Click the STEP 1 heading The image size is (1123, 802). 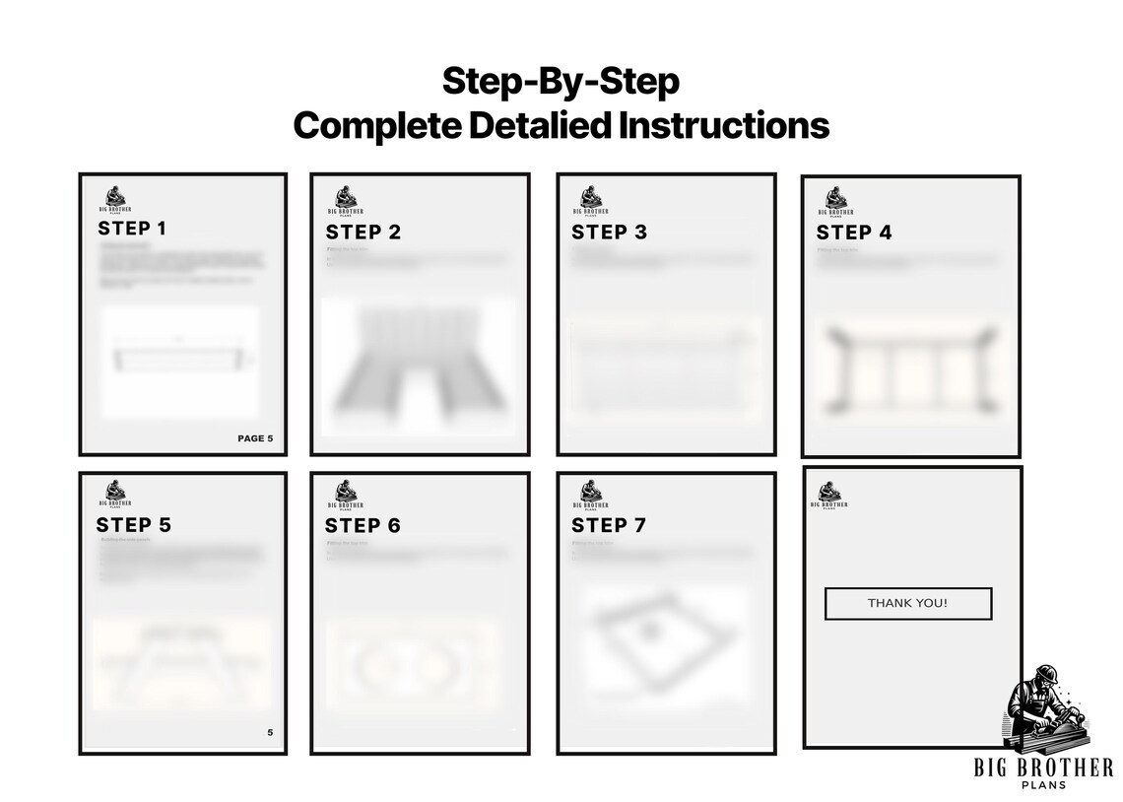[x=132, y=229]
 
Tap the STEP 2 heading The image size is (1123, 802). [x=363, y=233]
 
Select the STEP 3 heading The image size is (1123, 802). [x=609, y=233]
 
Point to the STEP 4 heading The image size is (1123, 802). [x=854, y=233]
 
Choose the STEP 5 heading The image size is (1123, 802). [x=133, y=525]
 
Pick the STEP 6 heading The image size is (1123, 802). [x=363, y=526]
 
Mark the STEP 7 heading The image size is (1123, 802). [x=609, y=526]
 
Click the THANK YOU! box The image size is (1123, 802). [x=907, y=603]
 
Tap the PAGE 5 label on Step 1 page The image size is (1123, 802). [x=255, y=438]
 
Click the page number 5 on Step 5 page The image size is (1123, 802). [x=270, y=732]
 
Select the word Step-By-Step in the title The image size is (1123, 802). [x=561, y=81]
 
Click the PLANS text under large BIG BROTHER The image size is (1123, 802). [x=1043, y=784]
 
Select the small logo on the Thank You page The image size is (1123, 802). [x=829, y=495]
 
